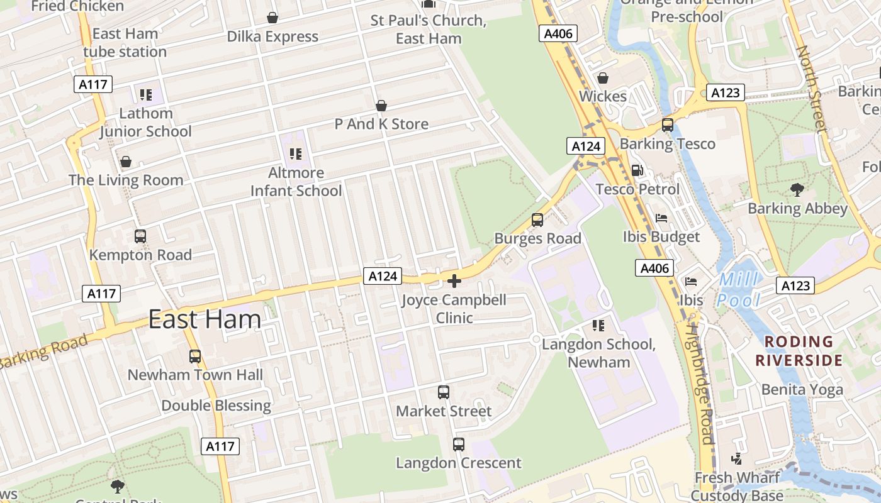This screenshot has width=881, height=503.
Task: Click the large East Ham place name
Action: point(205,319)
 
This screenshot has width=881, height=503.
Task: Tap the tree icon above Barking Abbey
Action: point(797,189)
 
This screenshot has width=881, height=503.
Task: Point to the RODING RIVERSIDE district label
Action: point(799,351)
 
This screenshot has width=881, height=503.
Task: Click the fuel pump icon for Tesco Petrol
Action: point(637,170)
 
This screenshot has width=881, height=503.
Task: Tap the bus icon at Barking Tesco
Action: point(668,125)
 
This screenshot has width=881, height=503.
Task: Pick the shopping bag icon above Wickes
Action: point(602,78)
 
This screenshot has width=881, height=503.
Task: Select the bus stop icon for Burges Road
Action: point(537,220)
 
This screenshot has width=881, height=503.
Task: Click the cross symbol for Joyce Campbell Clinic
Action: point(454,281)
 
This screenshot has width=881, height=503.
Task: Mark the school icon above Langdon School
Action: point(598,326)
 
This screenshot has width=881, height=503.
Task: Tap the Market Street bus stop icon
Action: point(444,392)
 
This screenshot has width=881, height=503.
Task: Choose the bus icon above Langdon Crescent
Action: point(459,445)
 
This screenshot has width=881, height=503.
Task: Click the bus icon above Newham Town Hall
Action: point(195,357)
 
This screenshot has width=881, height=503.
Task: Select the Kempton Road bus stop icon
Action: point(140,236)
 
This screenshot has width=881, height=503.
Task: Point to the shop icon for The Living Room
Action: point(126,162)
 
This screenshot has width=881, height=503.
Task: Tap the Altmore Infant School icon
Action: point(296,154)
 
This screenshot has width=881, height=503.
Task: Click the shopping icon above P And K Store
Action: point(381,106)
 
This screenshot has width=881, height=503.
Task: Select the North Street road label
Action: point(811,88)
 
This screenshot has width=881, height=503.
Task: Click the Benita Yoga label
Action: point(802,389)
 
